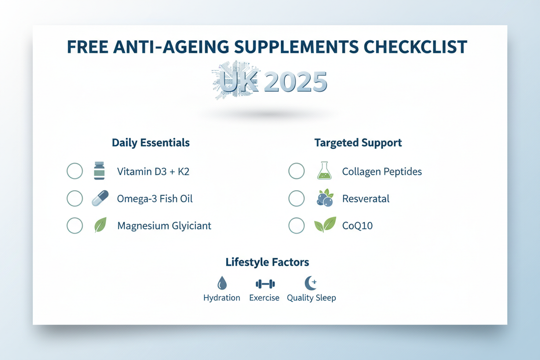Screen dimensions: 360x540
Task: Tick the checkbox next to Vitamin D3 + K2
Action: point(75,171)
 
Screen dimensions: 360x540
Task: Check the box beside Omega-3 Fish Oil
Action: point(75,198)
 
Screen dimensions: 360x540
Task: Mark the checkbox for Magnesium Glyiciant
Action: point(75,225)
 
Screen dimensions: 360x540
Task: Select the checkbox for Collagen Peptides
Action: point(297,171)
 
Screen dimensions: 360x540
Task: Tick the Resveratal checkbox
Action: point(297,198)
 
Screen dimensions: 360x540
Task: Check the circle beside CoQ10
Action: point(297,225)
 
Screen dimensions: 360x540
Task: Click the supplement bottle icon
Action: point(99,171)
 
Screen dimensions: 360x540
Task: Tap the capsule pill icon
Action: point(100,198)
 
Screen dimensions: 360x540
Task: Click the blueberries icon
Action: point(324,198)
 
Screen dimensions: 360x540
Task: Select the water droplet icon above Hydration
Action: point(222,283)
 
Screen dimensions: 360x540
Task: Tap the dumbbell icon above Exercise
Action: point(265,284)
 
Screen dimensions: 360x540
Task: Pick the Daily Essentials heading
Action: point(151,143)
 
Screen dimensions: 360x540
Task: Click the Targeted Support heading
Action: point(358,143)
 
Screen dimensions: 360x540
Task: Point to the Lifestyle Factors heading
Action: point(267,262)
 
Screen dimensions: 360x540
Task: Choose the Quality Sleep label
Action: point(311,298)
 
